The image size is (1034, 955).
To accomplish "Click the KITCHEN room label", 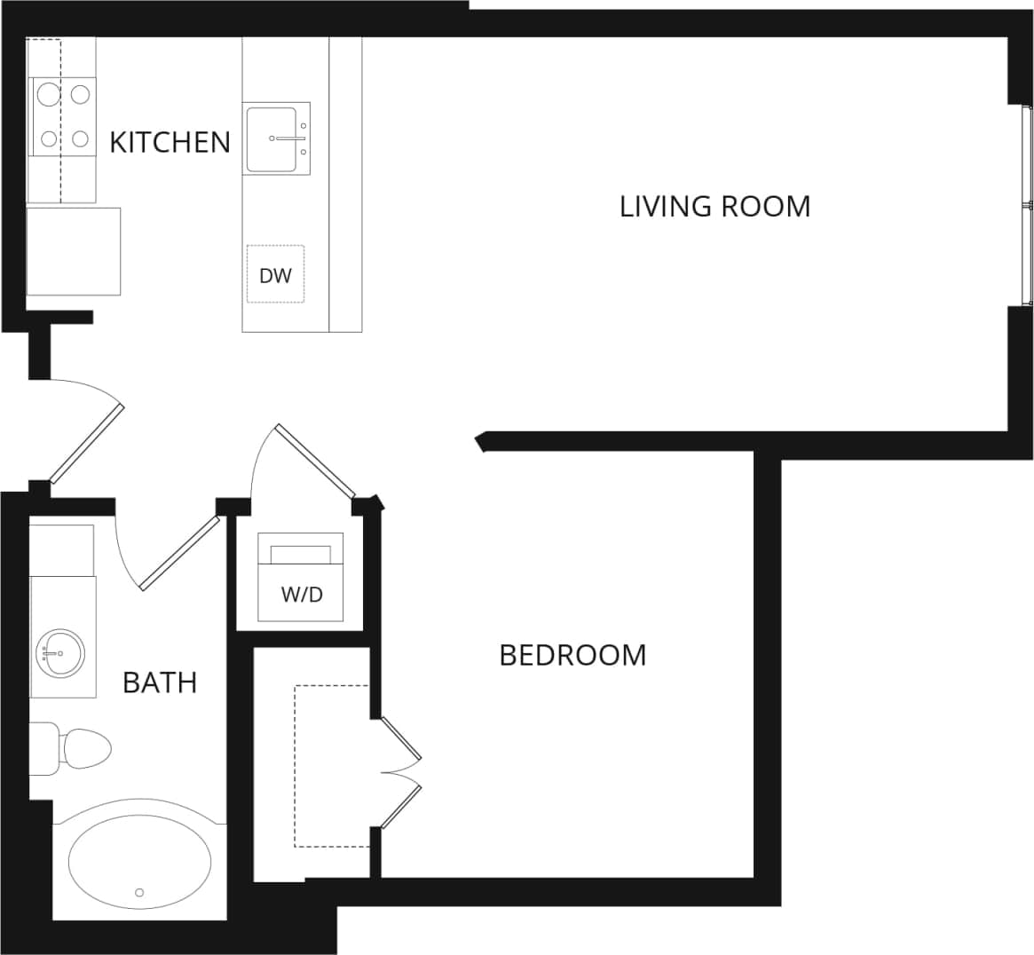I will (x=170, y=142).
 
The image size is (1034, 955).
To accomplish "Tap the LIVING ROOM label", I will (x=714, y=206).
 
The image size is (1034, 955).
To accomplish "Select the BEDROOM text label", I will (x=572, y=655).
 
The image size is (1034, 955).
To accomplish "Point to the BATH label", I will (x=160, y=683).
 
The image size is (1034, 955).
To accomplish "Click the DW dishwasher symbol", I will (x=275, y=274).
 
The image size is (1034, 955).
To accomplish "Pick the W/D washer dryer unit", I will (x=301, y=578).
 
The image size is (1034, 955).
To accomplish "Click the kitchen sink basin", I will (x=272, y=138).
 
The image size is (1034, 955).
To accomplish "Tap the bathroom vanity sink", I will (x=60, y=654).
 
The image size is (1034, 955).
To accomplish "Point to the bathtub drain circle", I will (x=139, y=892).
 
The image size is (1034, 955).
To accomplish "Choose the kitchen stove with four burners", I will (x=62, y=114).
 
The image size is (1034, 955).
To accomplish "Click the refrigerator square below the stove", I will (x=73, y=251).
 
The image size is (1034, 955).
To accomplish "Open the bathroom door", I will (x=178, y=554).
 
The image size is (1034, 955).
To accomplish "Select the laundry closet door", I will (x=315, y=461).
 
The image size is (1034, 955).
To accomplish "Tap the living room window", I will (x=1027, y=205).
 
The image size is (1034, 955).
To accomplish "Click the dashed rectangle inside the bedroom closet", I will (x=332, y=765).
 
